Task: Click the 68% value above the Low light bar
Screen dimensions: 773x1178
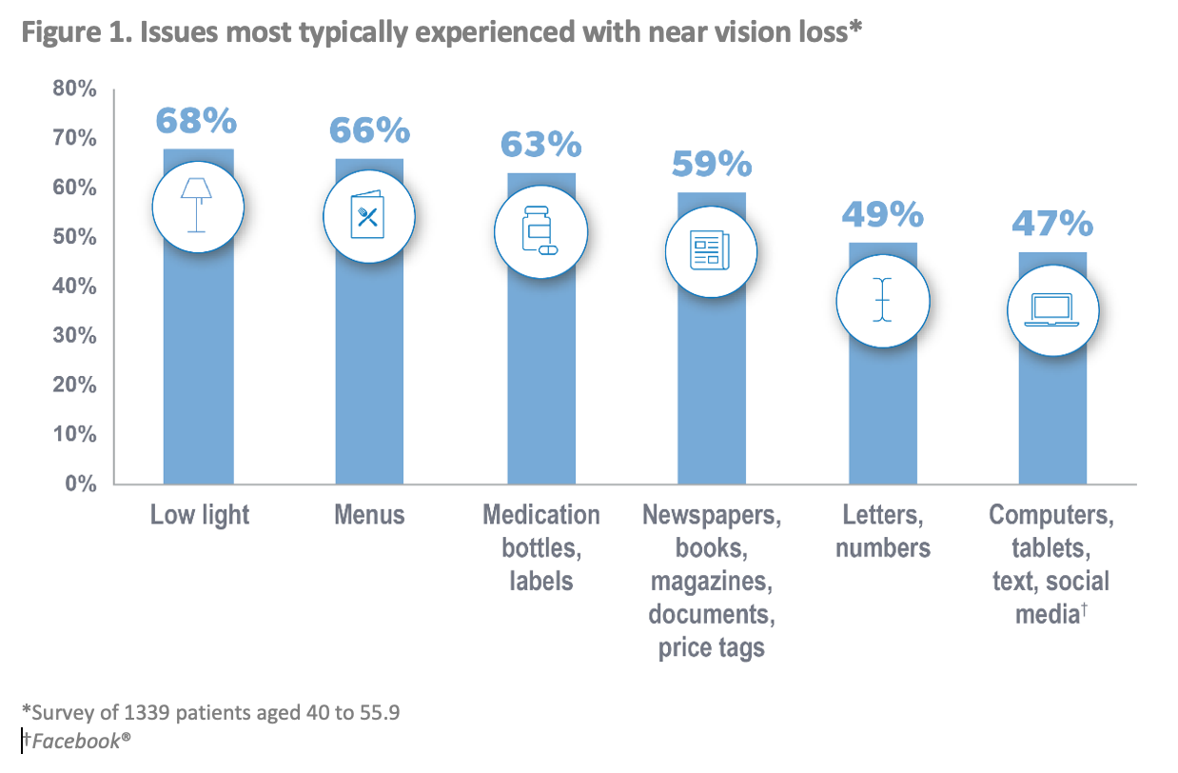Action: click(196, 122)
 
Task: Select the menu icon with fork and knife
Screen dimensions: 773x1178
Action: click(369, 218)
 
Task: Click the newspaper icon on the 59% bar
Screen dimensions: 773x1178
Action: click(710, 251)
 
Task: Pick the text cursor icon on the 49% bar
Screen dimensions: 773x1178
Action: click(883, 300)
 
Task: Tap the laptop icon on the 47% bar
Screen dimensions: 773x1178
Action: click(1051, 310)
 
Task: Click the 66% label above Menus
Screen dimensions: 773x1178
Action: click(369, 130)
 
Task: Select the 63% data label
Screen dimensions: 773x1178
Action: click(540, 145)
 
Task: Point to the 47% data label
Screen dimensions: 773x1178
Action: click(1051, 224)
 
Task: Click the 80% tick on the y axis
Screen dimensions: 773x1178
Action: click(74, 89)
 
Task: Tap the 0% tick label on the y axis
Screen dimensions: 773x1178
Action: click(80, 484)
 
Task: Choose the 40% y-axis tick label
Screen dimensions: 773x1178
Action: click(74, 287)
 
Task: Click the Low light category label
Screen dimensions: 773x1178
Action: click(199, 516)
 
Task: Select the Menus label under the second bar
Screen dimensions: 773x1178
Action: click(369, 516)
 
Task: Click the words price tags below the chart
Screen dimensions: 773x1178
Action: click(711, 648)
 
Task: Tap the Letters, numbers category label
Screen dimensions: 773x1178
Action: click(883, 532)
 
